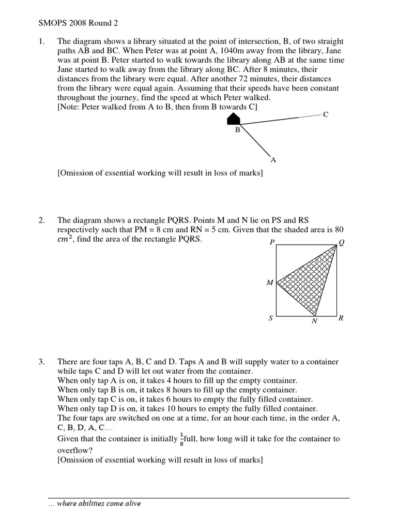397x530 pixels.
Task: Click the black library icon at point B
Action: click(235, 120)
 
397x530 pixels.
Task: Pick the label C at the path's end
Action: click(325, 114)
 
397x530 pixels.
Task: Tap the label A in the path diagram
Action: click(273, 160)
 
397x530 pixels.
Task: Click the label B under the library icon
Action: click(238, 130)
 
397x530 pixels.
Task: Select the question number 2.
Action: click(42, 220)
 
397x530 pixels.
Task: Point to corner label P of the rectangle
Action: click(271, 242)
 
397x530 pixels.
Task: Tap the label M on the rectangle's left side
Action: click(269, 283)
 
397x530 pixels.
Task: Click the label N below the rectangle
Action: click(314, 321)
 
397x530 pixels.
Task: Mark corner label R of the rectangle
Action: click(341, 318)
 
